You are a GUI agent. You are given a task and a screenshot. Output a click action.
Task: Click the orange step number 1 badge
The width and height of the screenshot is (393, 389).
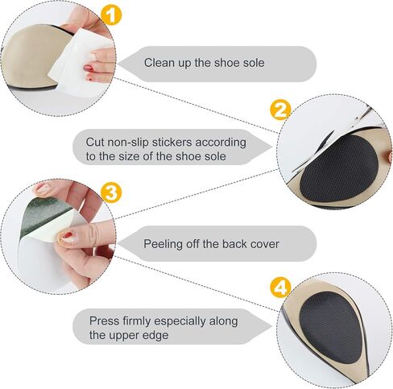111,15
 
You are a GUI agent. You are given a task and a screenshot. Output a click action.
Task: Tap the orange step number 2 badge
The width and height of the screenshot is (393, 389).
281,110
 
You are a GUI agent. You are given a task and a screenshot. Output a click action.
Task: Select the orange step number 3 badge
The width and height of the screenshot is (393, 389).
111,193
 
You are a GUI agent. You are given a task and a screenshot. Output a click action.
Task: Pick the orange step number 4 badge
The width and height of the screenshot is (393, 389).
281,288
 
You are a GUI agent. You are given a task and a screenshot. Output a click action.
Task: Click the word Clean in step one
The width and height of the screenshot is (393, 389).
156,63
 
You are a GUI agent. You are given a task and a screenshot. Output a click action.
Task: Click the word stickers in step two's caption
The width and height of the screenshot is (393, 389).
172,143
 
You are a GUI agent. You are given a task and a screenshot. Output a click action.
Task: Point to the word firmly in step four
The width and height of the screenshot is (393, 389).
136,321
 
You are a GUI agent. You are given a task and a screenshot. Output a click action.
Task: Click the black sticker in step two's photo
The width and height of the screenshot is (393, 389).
339,168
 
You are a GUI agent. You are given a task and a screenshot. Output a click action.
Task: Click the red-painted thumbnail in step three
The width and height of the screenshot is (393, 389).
66,236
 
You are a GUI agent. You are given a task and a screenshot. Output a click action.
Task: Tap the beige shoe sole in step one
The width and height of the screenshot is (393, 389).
30,56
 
